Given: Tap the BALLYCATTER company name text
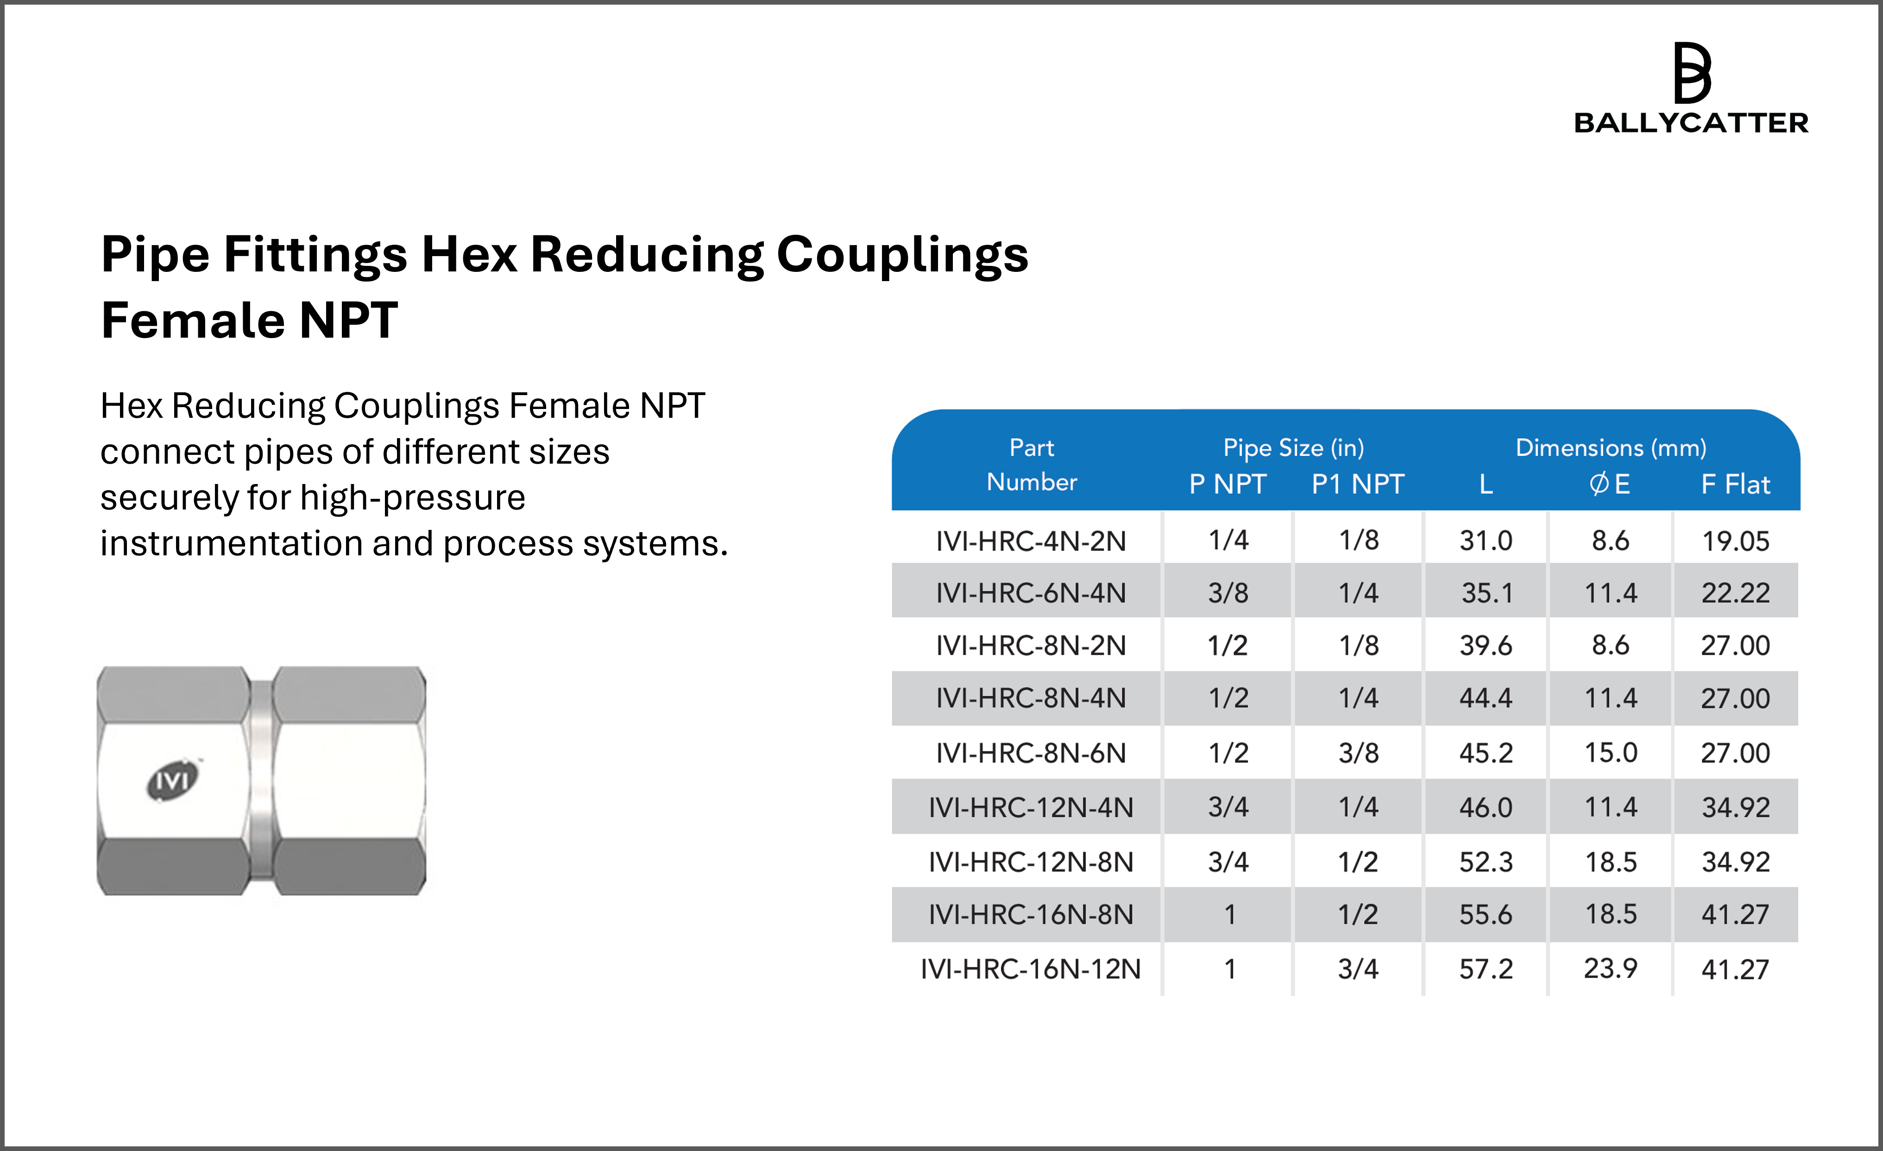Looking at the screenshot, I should coord(1690,123).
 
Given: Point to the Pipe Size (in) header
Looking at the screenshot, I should coord(1293,448).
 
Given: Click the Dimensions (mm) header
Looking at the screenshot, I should coord(1610,448).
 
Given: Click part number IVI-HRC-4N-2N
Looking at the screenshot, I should coord(1031,541).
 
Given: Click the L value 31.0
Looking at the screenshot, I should coord(1486,541).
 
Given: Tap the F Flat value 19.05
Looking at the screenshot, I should coord(1735,541).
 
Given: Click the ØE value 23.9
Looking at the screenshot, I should coord(1610,969).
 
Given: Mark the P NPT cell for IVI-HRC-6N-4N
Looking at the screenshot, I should coord(1228,593).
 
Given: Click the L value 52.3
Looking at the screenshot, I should coord(1486,862).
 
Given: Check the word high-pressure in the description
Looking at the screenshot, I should coord(413,498).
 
